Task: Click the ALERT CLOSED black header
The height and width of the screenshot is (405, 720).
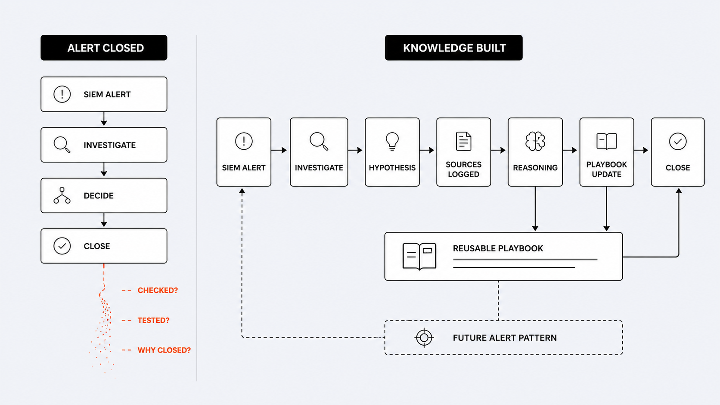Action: pyautogui.click(x=104, y=47)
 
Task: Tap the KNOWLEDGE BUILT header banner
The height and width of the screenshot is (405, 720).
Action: pyautogui.click(x=453, y=47)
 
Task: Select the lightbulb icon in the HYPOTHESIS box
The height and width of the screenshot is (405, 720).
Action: pyautogui.click(x=392, y=141)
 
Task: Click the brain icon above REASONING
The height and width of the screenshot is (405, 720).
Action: pyautogui.click(x=535, y=141)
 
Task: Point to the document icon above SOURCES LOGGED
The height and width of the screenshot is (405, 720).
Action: pyautogui.click(x=463, y=141)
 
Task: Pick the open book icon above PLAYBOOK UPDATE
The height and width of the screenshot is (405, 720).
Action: pyautogui.click(x=607, y=141)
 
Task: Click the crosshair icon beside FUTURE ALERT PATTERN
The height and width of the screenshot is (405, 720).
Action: pyautogui.click(x=424, y=337)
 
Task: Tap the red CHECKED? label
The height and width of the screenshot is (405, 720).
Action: pyautogui.click(x=158, y=291)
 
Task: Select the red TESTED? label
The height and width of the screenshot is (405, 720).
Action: pyautogui.click(x=153, y=320)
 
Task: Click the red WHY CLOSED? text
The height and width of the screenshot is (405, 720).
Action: pyautogui.click(x=164, y=350)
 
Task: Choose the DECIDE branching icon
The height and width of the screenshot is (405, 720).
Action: pyautogui.click(x=62, y=195)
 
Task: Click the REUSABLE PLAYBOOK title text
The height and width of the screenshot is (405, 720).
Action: pyautogui.click(x=498, y=248)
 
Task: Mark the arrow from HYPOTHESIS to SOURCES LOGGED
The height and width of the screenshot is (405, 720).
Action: pyautogui.click(x=427, y=150)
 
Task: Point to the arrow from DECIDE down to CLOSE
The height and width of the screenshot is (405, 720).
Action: pyautogui.click(x=104, y=220)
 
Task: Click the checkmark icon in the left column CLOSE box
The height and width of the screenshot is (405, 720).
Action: pyautogui.click(x=62, y=246)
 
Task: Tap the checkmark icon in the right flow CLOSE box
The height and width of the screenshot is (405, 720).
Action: pyautogui.click(x=678, y=141)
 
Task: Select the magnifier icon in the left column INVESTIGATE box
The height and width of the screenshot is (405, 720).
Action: pyautogui.click(x=62, y=145)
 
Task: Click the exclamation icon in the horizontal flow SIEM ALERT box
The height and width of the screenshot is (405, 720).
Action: pyautogui.click(x=244, y=141)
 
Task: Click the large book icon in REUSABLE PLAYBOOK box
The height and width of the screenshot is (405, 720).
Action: pyautogui.click(x=419, y=256)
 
